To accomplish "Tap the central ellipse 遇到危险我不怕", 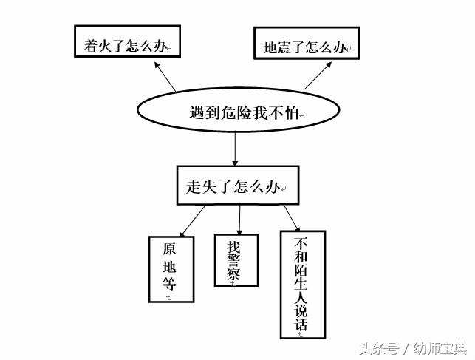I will click(x=239, y=112).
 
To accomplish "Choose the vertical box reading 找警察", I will click(x=236, y=259).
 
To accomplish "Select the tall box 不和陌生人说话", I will click(x=303, y=285).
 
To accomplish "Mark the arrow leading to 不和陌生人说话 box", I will click(x=291, y=218).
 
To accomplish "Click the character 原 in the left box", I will click(x=170, y=250).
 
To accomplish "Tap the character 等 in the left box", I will click(x=170, y=285).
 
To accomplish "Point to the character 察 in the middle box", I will click(x=234, y=275).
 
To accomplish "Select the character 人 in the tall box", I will click(x=301, y=296).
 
